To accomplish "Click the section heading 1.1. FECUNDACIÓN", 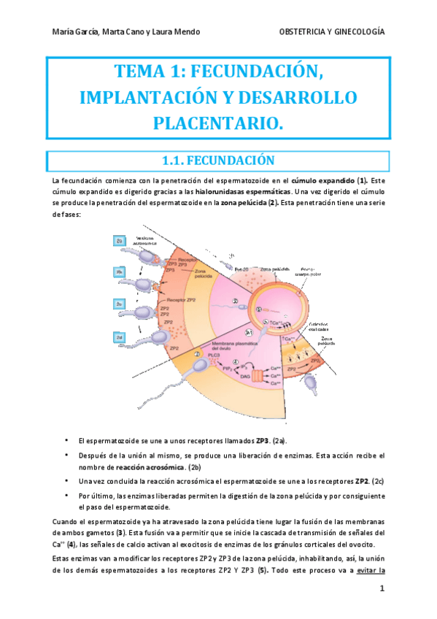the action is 218,160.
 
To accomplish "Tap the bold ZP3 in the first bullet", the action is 262,441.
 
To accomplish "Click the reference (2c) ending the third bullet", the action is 374,481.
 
